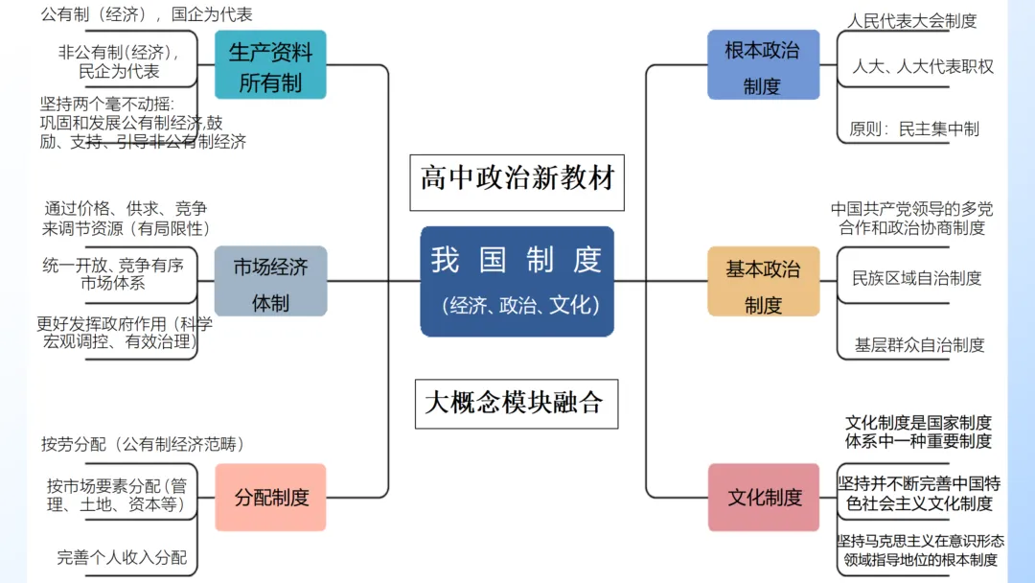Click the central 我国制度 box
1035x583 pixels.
coord(517,281)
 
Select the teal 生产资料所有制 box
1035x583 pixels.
coord(270,64)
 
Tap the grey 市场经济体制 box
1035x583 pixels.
coord(270,281)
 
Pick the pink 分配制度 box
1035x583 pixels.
coord(270,497)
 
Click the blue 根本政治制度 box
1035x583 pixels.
coord(764,64)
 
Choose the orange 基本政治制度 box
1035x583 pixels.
coord(764,281)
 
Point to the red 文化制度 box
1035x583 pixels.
coord(764,497)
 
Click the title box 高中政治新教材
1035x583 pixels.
coord(517,182)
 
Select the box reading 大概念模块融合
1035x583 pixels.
coord(517,404)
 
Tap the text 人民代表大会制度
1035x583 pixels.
coord(911,21)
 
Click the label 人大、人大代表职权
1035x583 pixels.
coord(923,66)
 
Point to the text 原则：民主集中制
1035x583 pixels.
coord(914,128)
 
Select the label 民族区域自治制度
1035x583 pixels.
coord(917,278)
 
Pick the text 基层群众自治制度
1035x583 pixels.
coord(919,344)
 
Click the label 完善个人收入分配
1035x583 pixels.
coord(122,557)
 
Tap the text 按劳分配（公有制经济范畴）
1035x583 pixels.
coord(143,444)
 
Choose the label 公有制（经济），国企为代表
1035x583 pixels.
coord(147,14)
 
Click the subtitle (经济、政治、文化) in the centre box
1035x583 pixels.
coord(520,305)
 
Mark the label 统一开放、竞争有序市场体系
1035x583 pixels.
coord(113,274)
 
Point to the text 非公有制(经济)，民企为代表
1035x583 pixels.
coord(119,62)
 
